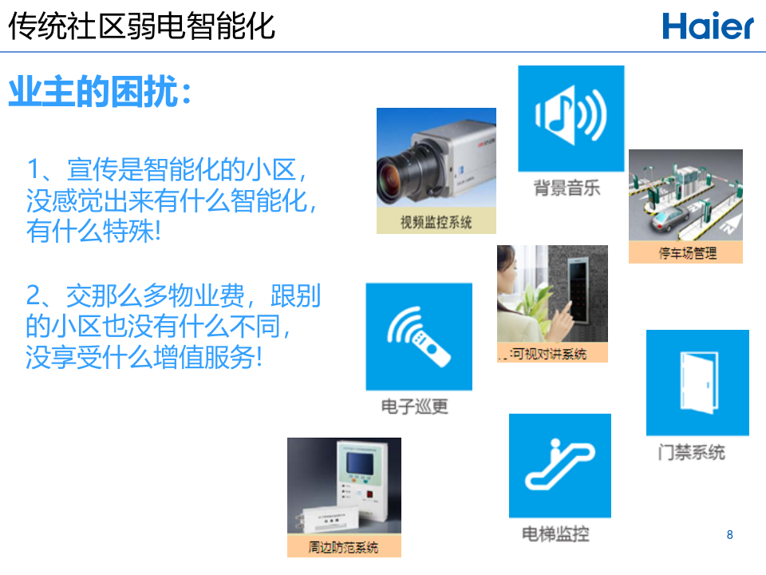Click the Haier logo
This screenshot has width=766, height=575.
tap(708, 26)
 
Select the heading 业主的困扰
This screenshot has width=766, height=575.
tap(100, 93)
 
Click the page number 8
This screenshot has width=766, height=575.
tap(729, 534)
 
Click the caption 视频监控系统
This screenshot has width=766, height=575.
tap(436, 222)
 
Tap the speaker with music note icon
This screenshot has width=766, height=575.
tap(571, 118)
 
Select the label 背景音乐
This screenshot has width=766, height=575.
tap(567, 188)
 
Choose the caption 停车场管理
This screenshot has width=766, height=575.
tap(687, 253)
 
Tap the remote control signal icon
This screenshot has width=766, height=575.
tap(418, 336)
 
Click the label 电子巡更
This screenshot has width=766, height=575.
tap(414, 406)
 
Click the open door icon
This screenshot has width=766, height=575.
tap(697, 382)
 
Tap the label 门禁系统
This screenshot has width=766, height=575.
tap(691, 452)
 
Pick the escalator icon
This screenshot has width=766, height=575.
tap(560, 465)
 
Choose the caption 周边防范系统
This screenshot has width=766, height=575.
tap(343, 547)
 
